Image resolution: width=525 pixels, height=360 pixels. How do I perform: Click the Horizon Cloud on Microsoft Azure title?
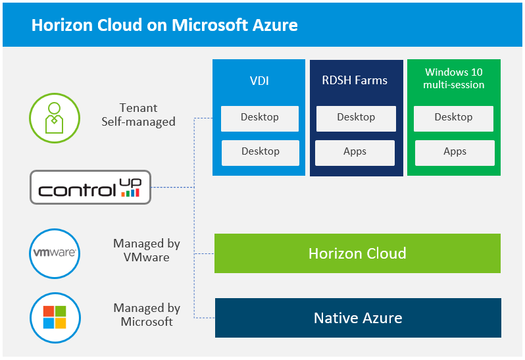click(x=164, y=25)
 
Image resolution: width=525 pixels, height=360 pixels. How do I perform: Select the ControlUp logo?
click(x=91, y=187)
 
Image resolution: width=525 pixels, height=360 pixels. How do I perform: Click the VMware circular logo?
click(x=55, y=253)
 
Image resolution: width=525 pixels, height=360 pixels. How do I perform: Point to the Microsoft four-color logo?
click(x=55, y=317)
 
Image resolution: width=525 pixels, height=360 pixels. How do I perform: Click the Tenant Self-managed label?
click(x=138, y=115)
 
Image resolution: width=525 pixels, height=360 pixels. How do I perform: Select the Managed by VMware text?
click(x=147, y=250)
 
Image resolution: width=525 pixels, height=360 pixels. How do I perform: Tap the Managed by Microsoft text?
click(x=147, y=315)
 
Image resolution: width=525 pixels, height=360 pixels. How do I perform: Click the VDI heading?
click(x=259, y=82)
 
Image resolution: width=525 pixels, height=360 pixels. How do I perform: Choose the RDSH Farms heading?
click(x=356, y=81)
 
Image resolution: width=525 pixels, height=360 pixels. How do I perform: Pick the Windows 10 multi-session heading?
click(x=454, y=78)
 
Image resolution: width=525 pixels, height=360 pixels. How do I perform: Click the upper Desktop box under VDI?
click(x=260, y=118)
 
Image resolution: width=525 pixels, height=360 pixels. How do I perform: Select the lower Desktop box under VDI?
click(x=260, y=152)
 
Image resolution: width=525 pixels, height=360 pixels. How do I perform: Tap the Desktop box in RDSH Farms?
click(x=356, y=118)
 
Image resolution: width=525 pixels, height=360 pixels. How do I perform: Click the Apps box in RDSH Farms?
click(x=355, y=152)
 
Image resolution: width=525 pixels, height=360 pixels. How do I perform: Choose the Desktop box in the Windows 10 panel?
click(x=453, y=118)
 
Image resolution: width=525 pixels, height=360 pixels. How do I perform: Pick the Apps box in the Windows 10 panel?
click(x=455, y=152)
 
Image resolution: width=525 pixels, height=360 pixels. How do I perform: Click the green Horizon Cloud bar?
click(x=357, y=253)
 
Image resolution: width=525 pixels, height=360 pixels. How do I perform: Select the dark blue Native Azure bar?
click(x=358, y=319)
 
